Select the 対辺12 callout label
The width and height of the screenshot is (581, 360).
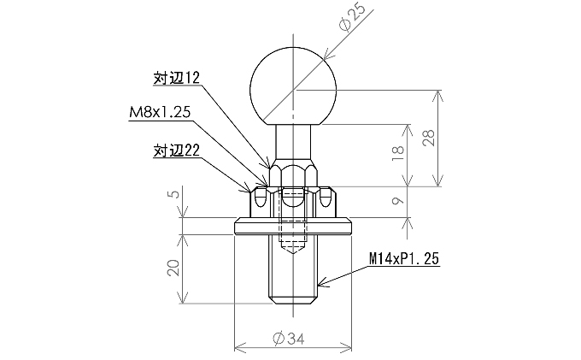176,78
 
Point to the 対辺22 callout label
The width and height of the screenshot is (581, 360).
176,150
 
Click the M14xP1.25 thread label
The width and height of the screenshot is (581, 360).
404,257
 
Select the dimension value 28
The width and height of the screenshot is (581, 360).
439,138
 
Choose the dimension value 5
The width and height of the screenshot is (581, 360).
174,194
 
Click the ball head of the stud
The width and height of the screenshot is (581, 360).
292,85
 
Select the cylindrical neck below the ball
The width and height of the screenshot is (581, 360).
292,141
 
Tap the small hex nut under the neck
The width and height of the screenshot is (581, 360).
292,175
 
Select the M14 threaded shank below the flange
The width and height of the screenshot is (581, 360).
292,269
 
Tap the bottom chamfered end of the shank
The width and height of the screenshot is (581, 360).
292,300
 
